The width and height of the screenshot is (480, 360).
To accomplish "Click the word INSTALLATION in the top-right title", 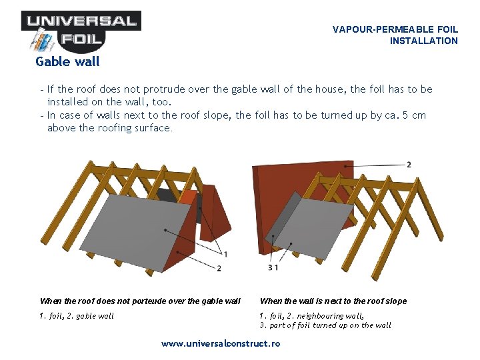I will pos(423,41).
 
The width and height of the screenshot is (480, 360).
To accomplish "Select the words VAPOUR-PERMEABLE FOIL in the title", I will pos(395,29).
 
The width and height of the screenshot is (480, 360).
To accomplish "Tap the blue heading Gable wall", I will pos(67,62).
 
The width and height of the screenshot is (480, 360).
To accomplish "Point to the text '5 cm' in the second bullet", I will pos(413,115).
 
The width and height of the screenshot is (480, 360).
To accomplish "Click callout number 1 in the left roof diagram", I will pos(226,254).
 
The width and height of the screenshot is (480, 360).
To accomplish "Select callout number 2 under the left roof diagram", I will pos(219,268).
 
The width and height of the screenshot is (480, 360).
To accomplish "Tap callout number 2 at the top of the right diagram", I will pos(408,164).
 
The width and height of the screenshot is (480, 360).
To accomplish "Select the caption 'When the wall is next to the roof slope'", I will pos(333,301).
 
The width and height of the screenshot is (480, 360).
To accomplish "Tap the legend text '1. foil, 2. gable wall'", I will pos(77,316).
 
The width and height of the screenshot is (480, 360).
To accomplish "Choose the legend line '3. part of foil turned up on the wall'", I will pos(325,325).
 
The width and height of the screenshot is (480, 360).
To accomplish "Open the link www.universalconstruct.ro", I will pos(221,344).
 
